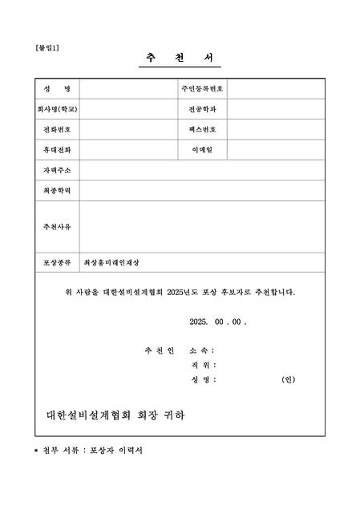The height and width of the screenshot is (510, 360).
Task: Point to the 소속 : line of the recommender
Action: [x=201, y=350]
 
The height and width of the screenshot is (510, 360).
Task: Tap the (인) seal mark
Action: [x=289, y=379]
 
